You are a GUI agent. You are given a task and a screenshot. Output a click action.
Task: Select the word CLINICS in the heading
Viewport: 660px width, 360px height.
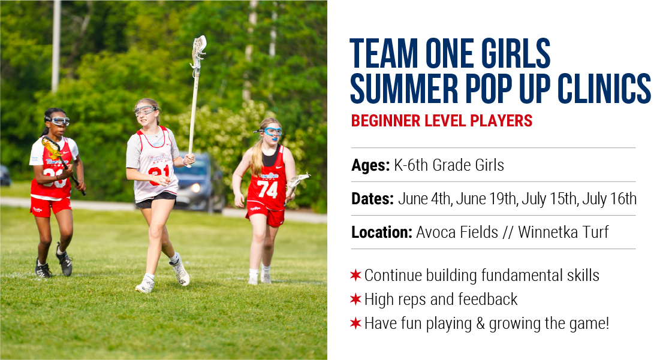(604, 88)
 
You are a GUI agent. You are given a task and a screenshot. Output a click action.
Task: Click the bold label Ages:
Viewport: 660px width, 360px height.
(371, 165)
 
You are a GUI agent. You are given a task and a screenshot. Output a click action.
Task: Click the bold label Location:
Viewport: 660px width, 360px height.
(382, 232)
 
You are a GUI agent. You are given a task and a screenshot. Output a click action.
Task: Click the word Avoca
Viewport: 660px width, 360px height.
(436, 232)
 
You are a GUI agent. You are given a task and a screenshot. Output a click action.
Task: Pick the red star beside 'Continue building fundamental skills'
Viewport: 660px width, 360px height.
(355, 276)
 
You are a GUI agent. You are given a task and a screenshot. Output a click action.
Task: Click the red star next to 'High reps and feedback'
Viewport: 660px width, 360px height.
(355, 300)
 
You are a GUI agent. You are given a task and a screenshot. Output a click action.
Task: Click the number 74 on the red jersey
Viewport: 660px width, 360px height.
(267, 189)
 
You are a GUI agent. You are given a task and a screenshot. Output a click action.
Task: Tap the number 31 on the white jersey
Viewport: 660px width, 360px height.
(159, 174)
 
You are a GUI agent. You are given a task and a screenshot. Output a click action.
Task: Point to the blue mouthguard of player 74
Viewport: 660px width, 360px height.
(274, 139)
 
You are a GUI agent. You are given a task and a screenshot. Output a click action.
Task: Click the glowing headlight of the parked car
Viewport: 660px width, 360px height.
(195, 187)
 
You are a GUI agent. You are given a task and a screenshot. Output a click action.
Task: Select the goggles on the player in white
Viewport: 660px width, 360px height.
(146, 111)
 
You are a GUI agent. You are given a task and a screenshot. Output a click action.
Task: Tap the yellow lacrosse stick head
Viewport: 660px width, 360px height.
(52, 147)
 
